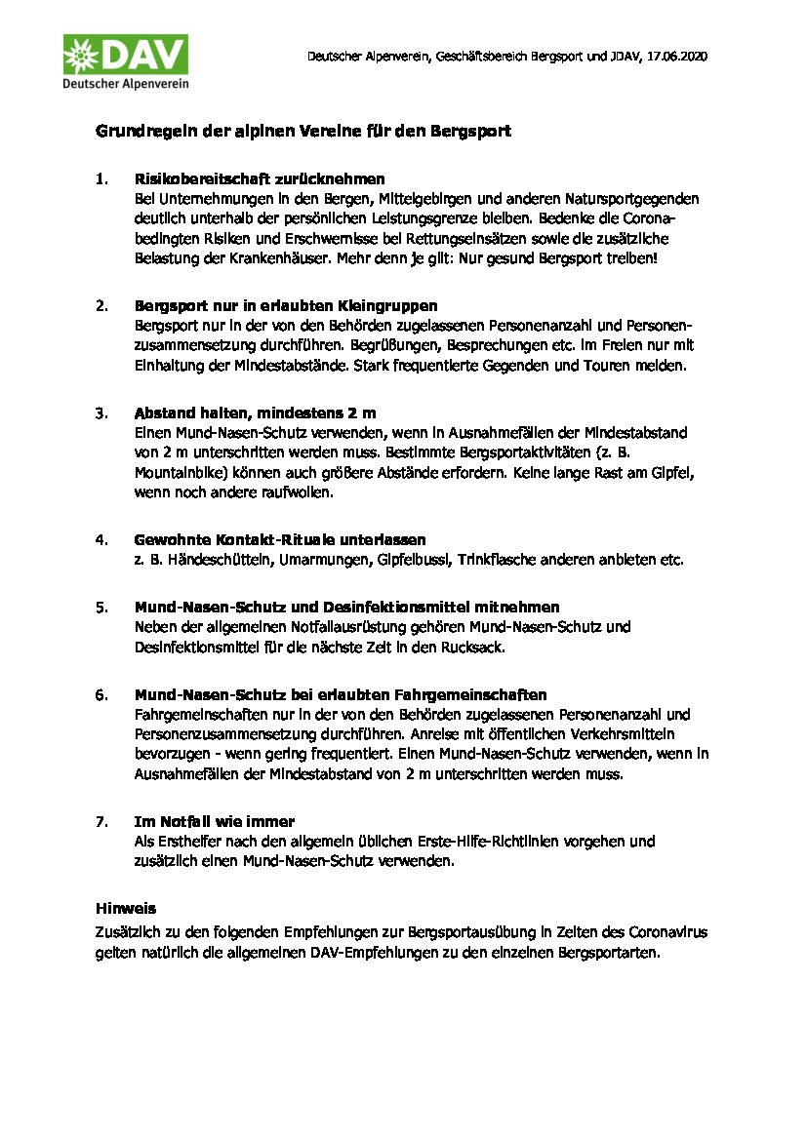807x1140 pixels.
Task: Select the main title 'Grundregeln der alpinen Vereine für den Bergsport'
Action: click(x=303, y=131)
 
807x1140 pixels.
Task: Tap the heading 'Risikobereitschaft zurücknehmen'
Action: click(x=260, y=179)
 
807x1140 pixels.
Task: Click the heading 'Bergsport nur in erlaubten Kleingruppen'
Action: click(x=286, y=305)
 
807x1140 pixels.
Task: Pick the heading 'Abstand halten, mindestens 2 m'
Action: click(x=255, y=413)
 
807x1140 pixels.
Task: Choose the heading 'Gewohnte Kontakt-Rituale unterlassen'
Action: click(x=280, y=539)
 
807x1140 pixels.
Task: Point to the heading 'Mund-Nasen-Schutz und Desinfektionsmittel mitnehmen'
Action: click(x=346, y=607)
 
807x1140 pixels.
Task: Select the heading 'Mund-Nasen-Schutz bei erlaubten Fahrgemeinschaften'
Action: click(x=341, y=694)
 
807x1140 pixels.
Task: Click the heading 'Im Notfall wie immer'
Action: click(x=215, y=821)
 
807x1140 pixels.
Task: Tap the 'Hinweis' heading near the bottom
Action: click(x=126, y=908)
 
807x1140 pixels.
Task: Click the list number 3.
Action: click(x=101, y=413)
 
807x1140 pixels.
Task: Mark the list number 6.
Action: click(x=101, y=694)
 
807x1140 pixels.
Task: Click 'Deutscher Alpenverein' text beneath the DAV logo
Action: click(x=126, y=84)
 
